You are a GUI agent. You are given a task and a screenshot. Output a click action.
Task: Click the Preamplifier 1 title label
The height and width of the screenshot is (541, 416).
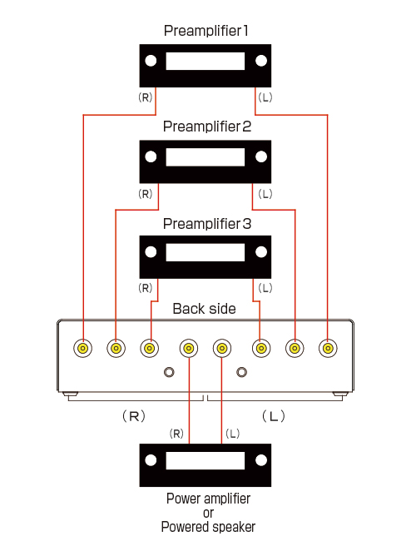[206, 31]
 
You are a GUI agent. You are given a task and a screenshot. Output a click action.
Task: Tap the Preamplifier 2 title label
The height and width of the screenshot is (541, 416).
[207, 127]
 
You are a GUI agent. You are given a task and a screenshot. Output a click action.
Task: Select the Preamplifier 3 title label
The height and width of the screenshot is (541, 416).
[207, 224]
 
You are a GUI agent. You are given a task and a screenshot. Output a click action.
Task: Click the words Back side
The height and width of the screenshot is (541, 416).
[204, 309]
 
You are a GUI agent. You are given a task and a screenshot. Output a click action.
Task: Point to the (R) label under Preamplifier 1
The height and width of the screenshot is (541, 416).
[146, 97]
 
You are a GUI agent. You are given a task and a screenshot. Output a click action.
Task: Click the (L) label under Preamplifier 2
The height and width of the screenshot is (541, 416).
[265, 194]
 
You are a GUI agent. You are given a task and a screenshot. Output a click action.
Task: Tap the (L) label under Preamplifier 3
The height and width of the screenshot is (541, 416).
[265, 288]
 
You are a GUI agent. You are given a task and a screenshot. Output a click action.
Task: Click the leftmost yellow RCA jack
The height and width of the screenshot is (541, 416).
[83, 348]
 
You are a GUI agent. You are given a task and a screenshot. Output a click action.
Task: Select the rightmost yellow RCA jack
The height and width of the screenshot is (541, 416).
[328, 348]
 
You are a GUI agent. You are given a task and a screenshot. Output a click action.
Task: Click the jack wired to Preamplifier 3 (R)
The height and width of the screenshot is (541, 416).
[150, 348]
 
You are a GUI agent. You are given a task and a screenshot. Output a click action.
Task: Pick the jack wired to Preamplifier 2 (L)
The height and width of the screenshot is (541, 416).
[295, 348]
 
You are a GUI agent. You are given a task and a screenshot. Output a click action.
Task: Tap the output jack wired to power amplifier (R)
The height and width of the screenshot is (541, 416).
[189, 348]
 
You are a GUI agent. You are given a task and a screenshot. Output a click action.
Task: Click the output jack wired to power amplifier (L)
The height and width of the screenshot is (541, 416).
[222, 348]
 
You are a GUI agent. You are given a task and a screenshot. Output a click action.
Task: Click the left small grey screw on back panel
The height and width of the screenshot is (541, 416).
[169, 372]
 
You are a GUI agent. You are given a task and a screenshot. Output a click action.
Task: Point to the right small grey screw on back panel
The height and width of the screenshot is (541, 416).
[241, 372]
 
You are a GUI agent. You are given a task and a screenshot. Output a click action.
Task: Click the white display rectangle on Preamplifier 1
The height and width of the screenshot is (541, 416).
[206, 61]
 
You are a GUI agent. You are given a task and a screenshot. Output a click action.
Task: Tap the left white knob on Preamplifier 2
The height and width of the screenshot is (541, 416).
[151, 156]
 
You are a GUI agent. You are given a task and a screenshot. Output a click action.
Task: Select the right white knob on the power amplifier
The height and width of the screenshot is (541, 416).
[261, 460]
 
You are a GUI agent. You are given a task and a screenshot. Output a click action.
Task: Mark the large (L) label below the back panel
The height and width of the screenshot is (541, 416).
[274, 416]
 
